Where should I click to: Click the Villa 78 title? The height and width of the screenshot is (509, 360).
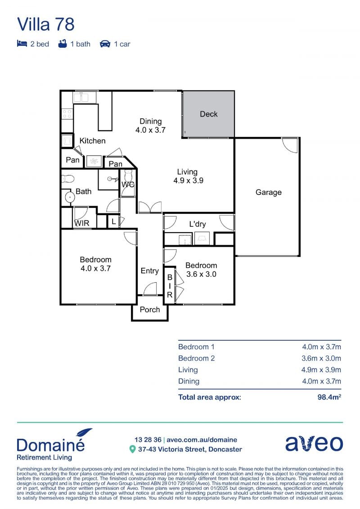click(x=46, y=24)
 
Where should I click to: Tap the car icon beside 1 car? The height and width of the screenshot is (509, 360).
click(x=105, y=44)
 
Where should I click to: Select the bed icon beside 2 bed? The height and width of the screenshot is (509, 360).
click(x=22, y=44)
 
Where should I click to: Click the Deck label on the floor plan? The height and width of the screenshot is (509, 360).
click(x=209, y=114)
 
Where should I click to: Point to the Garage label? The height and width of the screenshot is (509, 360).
click(x=269, y=193)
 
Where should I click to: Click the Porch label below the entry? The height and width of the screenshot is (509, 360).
click(x=150, y=310)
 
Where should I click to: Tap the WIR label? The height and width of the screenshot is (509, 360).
click(x=82, y=223)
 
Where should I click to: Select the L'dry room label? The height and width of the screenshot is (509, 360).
click(x=198, y=224)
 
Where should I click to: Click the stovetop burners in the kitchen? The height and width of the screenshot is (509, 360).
click(x=67, y=113)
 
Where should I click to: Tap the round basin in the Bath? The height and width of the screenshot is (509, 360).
click(x=70, y=197)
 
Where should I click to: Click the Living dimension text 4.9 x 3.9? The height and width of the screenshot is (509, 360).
click(x=188, y=181)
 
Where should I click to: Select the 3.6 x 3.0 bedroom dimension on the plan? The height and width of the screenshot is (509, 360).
click(x=201, y=274)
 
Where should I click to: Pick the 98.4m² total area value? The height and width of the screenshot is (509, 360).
click(x=329, y=397)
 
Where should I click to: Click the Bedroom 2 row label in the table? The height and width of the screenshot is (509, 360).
click(x=196, y=358)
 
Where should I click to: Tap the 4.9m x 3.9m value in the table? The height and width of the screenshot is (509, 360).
click(x=321, y=370)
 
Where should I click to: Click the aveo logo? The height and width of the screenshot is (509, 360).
click(x=314, y=443)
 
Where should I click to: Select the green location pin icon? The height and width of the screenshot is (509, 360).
click(x=132, y=449)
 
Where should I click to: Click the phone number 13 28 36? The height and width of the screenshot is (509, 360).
click(x=148, y=440)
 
